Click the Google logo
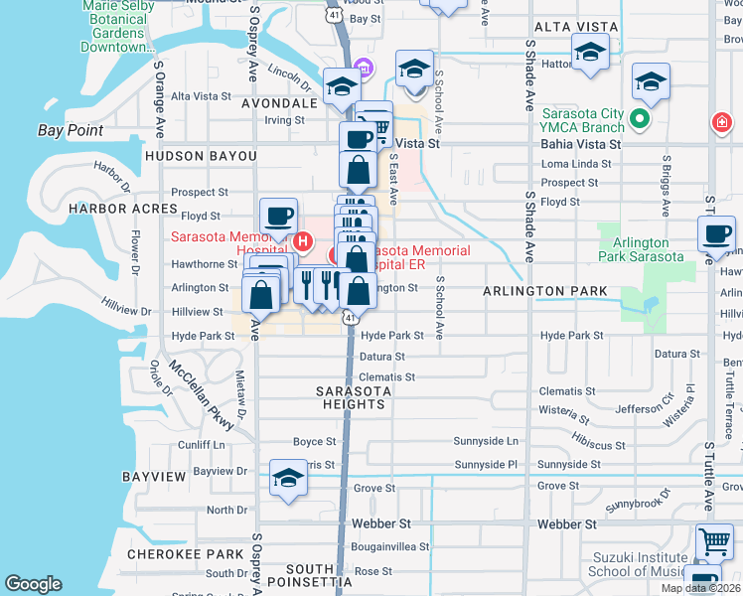pyautogui.click(x=33, y=584)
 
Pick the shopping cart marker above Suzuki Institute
pyautogui.click(x=714, y=541)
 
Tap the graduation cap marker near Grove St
pyautogui.click(x=288, y=478)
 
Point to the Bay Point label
pyautogui.click(x=71, y=130)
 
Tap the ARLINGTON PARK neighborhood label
pyautogui.click(x=545, y=291)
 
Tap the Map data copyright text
pyautogui.click(x=700, y=588)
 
